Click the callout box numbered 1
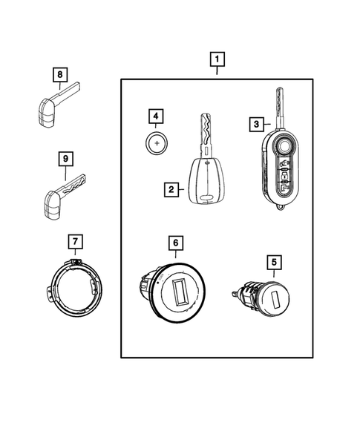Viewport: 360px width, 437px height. [217, 59]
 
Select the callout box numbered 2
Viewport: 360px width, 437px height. [171, 190]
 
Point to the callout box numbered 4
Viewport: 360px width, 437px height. [154, 116]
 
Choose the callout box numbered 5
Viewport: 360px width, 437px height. [274, 261]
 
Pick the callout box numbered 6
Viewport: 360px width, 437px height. [174, 243]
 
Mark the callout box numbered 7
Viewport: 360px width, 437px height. [76, 240]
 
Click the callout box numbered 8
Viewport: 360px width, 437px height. [59, 74]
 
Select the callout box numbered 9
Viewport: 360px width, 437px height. [65, 159]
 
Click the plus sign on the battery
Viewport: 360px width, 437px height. [156, 142]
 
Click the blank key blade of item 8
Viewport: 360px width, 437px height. [73, 91]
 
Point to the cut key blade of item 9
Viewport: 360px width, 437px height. [76, 181]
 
